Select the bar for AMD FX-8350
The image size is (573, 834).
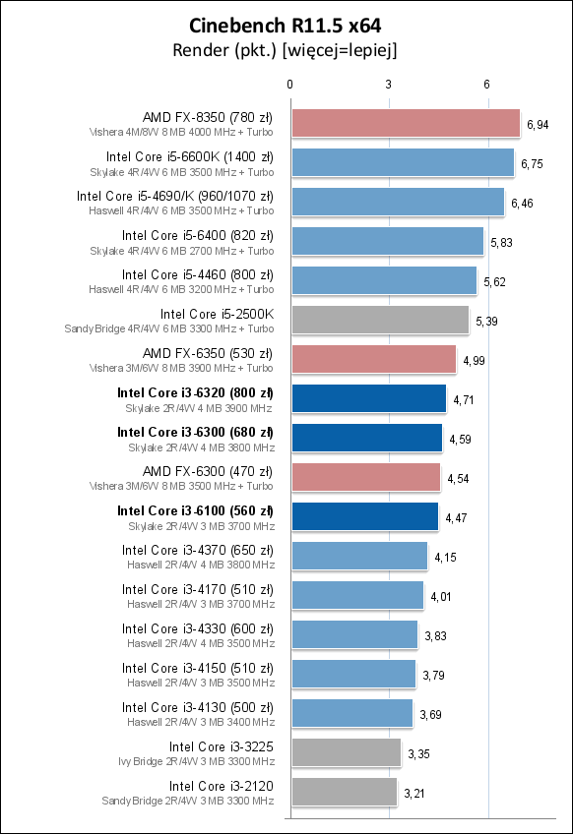[405, 123]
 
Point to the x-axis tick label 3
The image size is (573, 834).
[389, 86]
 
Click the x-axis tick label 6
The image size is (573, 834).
[487, 86]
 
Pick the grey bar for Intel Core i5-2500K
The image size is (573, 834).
[379, 320]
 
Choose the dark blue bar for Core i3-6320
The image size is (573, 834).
[368, 398]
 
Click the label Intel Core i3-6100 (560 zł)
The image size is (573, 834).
[195, 510]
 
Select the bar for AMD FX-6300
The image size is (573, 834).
[365, 477]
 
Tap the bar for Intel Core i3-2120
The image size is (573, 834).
[343, 792]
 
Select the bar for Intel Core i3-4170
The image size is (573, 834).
[356, 595]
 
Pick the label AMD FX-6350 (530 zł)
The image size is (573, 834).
[208, 353]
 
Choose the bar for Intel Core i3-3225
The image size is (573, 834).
[345, 752]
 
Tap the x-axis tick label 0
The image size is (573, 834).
[289, 86]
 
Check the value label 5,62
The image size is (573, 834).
[495, 282]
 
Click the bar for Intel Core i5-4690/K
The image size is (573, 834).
[397, 202]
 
